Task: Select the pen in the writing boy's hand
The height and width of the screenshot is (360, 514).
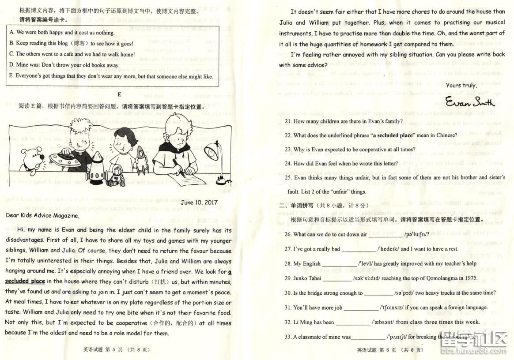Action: pyautogui.click(x=178, y=166)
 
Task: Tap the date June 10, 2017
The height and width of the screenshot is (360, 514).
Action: pyautogui.click(x=199, y=202)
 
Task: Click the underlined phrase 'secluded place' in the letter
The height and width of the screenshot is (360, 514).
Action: pyautogui.click(x=25, y=281)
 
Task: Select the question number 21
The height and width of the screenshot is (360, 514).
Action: pyautogui.click(x=288, y=121)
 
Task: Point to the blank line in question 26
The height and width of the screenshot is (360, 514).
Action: pyautogui.click(x=385, y=235)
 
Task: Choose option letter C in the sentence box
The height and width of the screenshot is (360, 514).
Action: pyautogui.click(x=12, y=54)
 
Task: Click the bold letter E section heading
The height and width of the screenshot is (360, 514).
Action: pyautogui.click(x=119, y=94)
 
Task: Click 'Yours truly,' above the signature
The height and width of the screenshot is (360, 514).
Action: pyautogui.click(x=461, y=85)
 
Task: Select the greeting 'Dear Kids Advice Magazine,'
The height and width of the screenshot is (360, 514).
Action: pyautogui.click(x=42, y=216)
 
